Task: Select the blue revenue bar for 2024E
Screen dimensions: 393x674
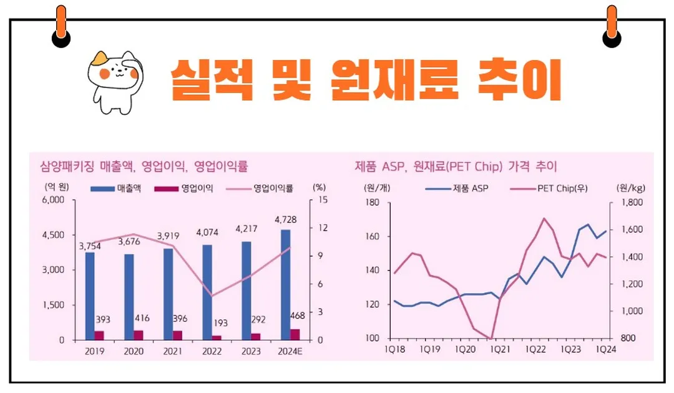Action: (285, 285)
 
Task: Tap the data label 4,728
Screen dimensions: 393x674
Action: (285, 220)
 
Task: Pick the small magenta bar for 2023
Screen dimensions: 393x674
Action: (256, 337)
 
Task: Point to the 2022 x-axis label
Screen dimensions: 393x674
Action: (212, 351)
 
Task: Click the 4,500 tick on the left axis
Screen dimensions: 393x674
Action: (54, 235)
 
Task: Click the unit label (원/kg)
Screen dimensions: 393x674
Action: (628, 187)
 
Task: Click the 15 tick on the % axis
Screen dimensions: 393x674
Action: (322, 200)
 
